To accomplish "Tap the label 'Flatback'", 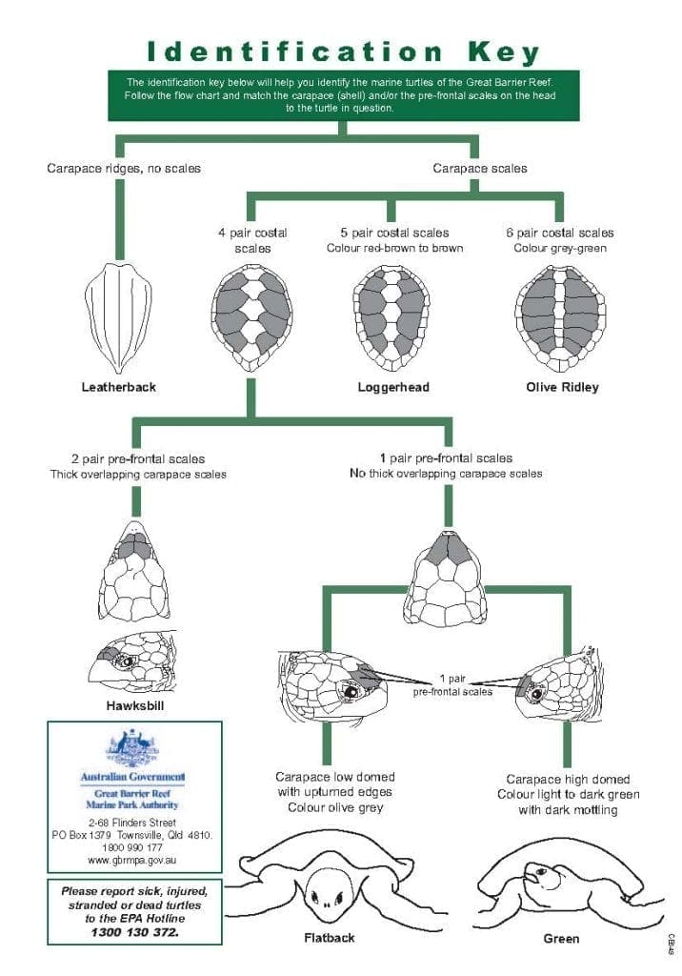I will tap(329, 938).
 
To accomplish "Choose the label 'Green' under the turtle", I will tap(561, 939).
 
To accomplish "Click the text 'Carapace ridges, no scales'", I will tap(124, 169).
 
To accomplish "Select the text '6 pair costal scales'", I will tap(560, 233).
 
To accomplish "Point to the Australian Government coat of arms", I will tap(132, 746).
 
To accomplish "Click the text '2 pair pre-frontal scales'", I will tap(138, 458).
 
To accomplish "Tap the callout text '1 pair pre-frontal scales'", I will tap(452, 685).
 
